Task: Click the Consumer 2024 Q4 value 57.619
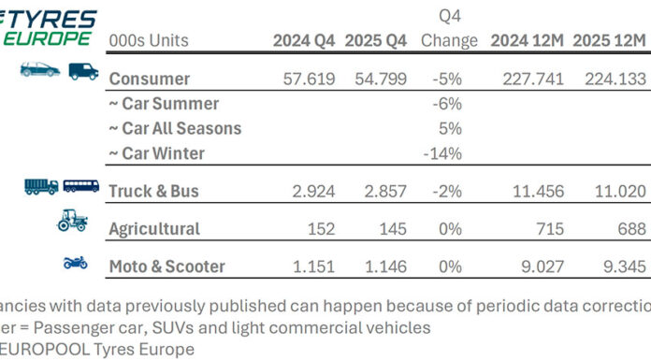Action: coord(309,79)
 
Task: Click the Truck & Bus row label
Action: coord(154,191)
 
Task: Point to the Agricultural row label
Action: coord(154,228)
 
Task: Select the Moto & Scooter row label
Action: coord(167,266)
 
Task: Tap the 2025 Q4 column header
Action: coord(375,41)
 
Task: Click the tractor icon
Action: coord(73,222)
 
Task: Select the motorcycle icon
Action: coord(76,263)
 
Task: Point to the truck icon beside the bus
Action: coord(41,186)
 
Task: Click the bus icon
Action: coord(81,186)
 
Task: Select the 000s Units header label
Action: coord(149,41)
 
